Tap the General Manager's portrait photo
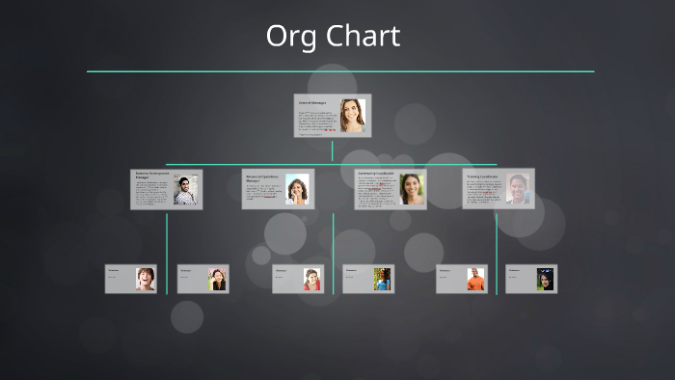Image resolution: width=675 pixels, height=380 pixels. [x=353, y=115]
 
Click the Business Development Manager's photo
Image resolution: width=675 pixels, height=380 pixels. [x=186, y=190]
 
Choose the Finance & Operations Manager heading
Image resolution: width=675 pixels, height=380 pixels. [x=262, y=177]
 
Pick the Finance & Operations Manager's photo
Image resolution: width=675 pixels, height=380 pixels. [x=297, y=189]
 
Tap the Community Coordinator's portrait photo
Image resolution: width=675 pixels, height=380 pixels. [x=412, y=188]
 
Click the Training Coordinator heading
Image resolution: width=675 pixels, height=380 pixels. [x=482, y=176]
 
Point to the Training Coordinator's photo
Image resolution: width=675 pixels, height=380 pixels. [x=518, y=188]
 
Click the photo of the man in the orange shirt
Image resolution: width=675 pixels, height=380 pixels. [x=475, y=280]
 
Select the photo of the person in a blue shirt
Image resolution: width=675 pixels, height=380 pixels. [x=383, y=280]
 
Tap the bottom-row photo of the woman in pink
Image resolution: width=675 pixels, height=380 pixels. [x=311, y=280]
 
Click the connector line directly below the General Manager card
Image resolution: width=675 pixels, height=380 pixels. [x=333, y=150]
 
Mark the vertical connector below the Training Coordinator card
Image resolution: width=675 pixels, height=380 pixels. [x=497, y=251]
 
